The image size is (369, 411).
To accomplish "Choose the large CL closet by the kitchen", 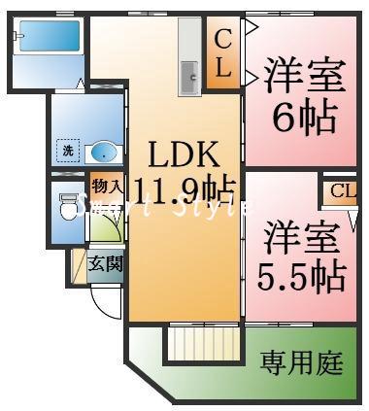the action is (x=222, y=56).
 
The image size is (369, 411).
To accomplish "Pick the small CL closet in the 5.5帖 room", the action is (x=340, y=190).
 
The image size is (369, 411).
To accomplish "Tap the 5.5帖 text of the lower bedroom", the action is (x=302, y=276).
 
